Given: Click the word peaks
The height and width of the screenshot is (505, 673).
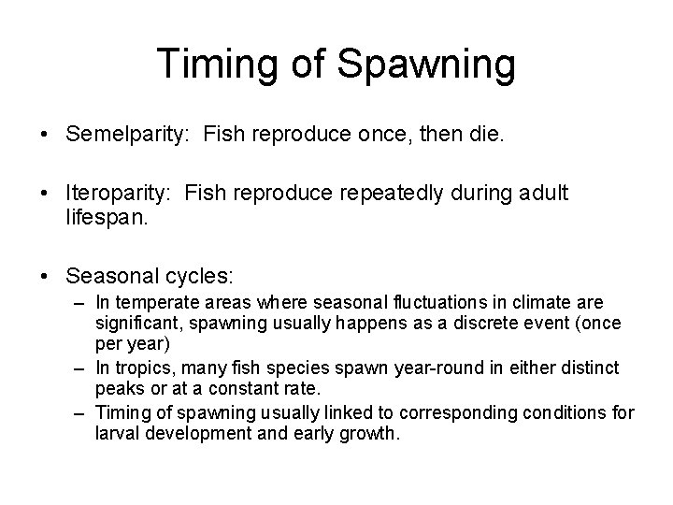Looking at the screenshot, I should [118, 377].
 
